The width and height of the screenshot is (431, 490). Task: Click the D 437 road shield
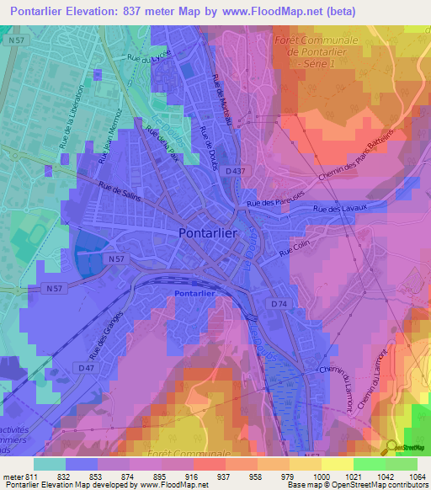point(237,171)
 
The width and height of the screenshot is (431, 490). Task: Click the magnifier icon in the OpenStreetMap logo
point(391,446)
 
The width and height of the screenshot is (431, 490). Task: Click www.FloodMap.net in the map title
point(269,11)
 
